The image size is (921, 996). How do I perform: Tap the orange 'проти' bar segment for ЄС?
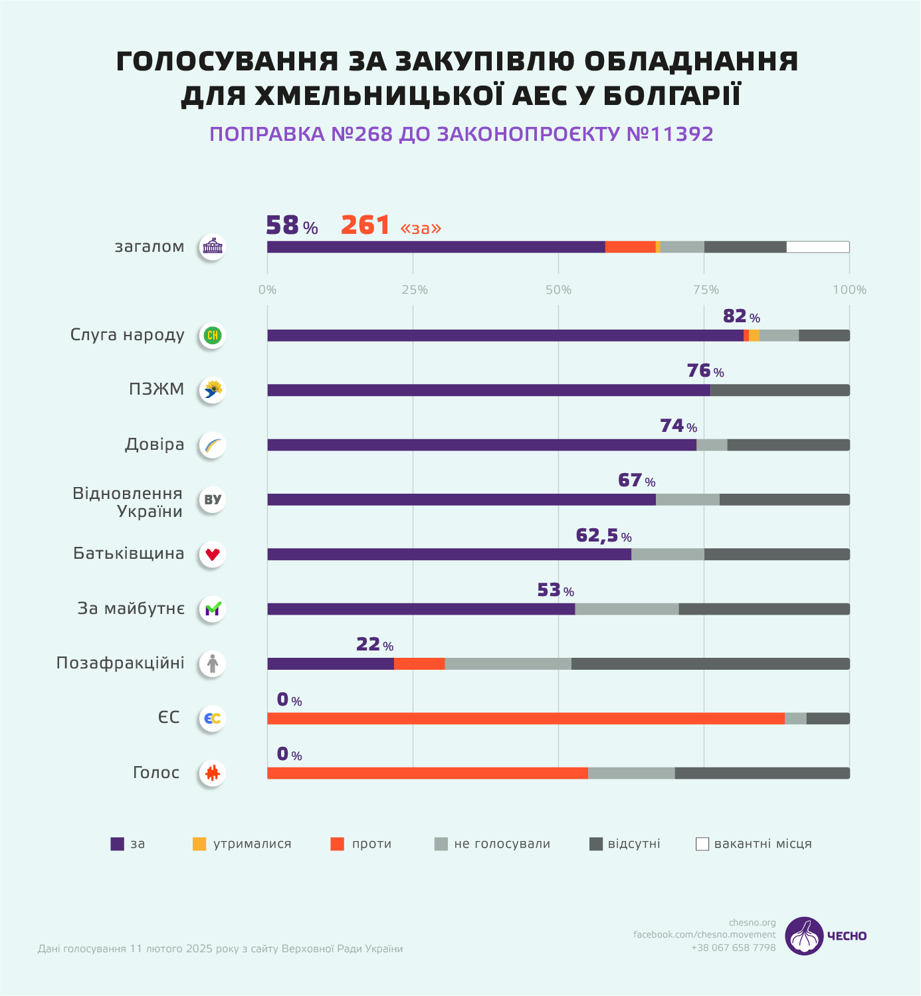click(x=526, y=718)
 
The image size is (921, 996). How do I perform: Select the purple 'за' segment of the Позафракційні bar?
click(x=330, y=664)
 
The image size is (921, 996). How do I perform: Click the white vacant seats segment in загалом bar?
click(x=817, y=247)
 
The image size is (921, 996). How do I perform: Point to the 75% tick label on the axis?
click(x=706, y=290)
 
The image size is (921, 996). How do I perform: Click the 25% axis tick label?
click(x=414, y=290)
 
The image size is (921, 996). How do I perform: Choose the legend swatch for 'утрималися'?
click(x=199, y=844)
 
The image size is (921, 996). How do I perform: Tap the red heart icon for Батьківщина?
click(x=213, y=554)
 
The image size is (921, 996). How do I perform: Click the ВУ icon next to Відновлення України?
click(x=213, y=500)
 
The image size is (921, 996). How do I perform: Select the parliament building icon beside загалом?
click(x=213, y=247)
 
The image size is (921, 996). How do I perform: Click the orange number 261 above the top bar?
click(x=365, y=225)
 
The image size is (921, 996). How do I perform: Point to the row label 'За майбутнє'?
click(x=131, y=609)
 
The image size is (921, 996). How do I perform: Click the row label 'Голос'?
click(x=156, y=773)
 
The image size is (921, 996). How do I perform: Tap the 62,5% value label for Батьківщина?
click(x=603, y=536)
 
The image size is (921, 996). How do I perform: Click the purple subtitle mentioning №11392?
click(x=461, y=134)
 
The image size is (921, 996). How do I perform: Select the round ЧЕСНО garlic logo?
click(x=804, y=936)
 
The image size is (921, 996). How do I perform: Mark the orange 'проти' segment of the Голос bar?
click(x=427, y=773)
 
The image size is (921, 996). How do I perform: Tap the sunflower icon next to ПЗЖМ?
click(x=213, y=390)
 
